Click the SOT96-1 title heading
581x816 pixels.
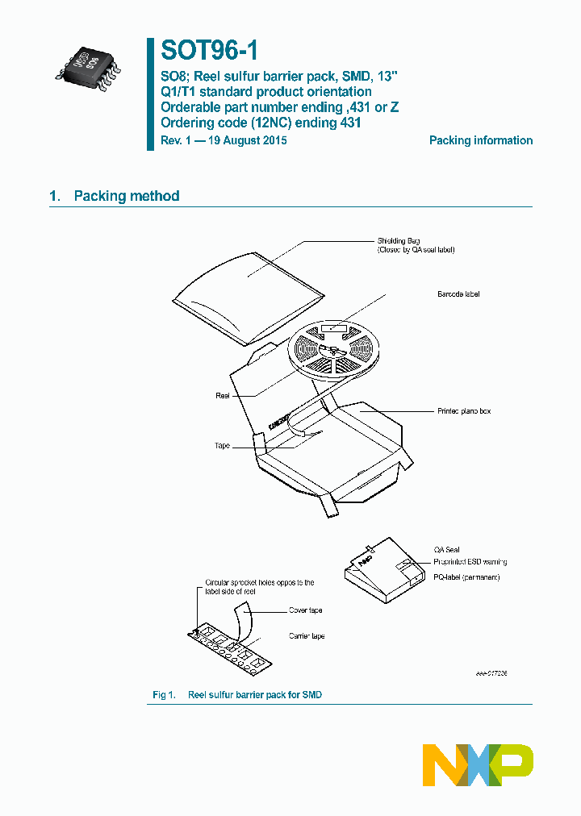click(x=210, y=52)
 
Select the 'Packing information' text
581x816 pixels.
click(x=480, y=140)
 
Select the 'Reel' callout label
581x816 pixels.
click(x=223, y=395)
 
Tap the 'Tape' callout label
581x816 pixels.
click(x=223, y=445)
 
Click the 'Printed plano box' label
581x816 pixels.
click(x=463, y=411)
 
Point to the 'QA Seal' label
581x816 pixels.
click(x=446, y=550)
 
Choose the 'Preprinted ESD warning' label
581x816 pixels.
click(x=470, y=562)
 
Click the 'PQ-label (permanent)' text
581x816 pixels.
click(x=466, y=578)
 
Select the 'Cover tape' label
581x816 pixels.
click(x=305, y=610)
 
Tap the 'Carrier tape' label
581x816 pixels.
click(x=307, y=636)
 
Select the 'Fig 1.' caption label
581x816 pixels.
click(x=164, y=694)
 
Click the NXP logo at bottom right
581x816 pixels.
click(x=478, y=764)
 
